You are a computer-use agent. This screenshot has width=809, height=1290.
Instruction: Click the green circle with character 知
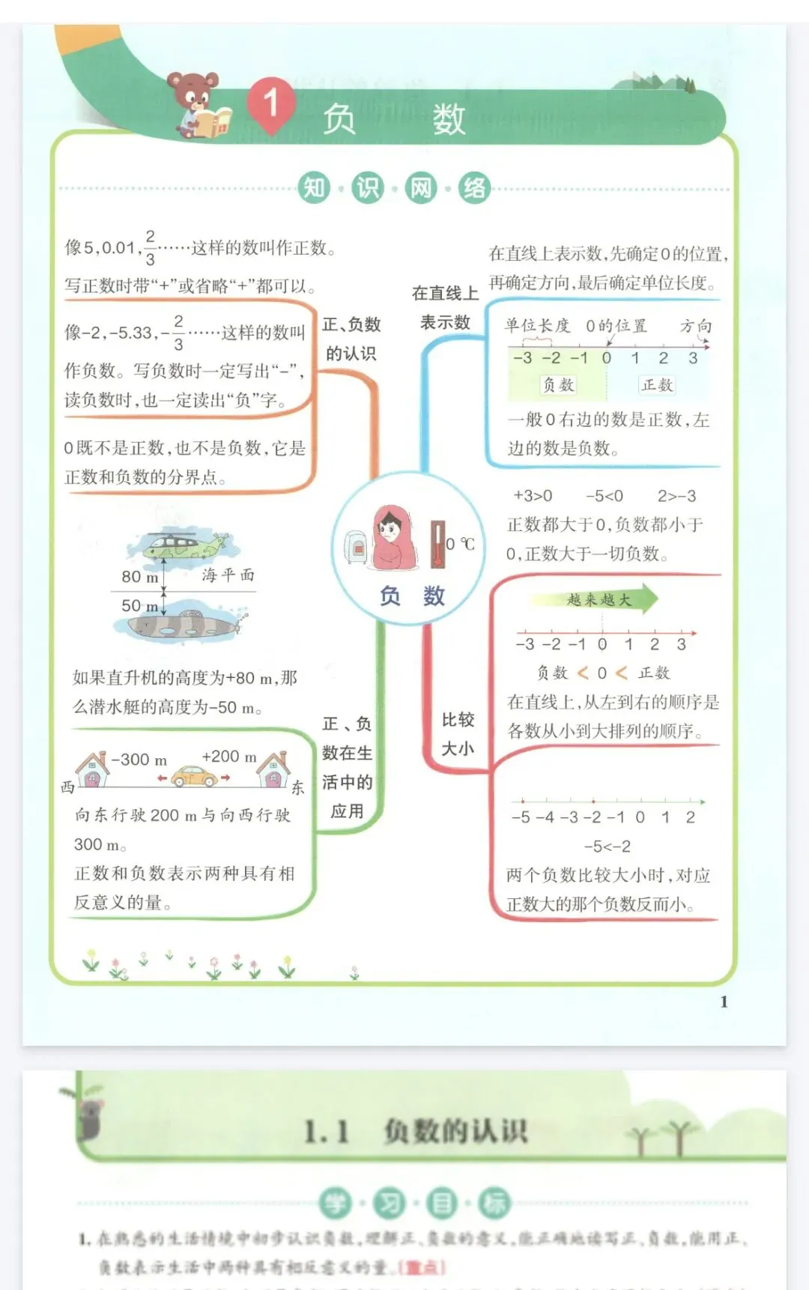(314, 187)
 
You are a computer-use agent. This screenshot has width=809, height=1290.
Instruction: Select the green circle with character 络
(474, 187)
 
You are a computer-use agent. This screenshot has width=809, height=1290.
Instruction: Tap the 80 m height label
(140, 576)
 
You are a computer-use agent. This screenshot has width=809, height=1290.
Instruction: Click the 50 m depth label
(140, 605)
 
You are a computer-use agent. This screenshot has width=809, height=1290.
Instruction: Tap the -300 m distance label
(139, 759)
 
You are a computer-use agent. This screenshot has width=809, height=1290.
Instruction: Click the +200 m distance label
(229, 757)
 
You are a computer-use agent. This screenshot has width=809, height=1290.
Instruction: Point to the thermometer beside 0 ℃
(437, 544)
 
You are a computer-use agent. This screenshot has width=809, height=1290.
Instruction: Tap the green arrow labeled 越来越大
(596, 599)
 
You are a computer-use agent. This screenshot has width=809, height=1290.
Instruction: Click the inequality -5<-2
(607, 847)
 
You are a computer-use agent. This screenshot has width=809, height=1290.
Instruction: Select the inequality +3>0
(533, 496)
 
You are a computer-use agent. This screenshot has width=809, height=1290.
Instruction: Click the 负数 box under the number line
(558, 384)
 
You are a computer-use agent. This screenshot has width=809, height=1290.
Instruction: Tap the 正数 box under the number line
(657, 384)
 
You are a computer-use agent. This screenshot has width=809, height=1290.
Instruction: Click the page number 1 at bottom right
(724, 1002)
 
